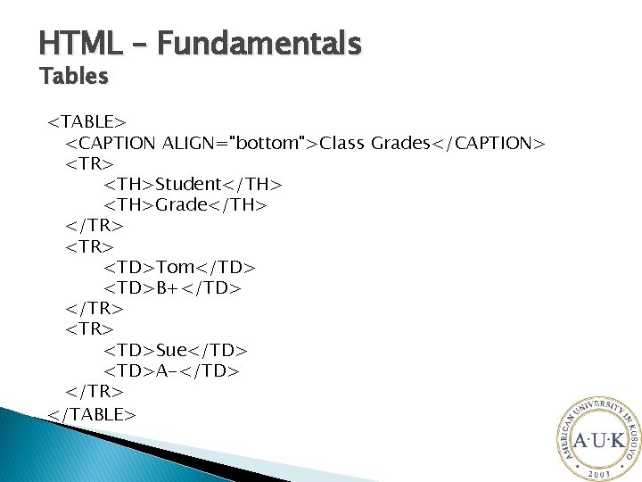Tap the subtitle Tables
[x=74, y=78]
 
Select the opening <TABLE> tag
[x=87, y=121]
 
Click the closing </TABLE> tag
[x=92, y=413]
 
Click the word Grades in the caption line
[x=400, y=143]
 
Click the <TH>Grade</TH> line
[x=185, y=205]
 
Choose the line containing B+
[x=173, y=288]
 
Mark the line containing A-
[x=172, y=370]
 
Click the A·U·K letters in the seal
[x=598, y=440]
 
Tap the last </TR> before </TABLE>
[x=95, y=392]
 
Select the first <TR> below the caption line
[x=90, y=163]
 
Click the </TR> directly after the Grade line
[x=95, y=226]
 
